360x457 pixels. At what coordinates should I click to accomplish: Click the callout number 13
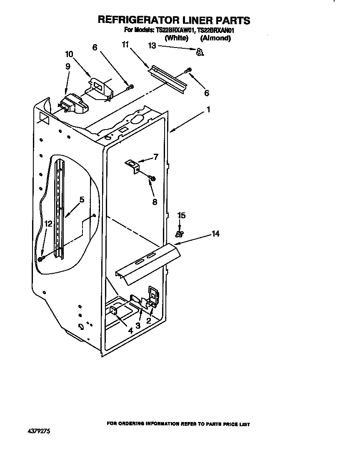(152, 46)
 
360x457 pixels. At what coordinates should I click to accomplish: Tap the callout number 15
(182, 215)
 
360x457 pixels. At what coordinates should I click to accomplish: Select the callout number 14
(215, 234)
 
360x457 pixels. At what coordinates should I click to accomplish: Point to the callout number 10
(69, 54)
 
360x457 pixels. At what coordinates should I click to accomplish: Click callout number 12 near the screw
(48, 224)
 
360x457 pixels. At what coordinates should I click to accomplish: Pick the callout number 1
(208, 110)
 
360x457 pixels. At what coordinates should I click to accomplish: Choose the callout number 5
(82, 200)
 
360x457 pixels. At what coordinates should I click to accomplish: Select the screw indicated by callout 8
(152, 178)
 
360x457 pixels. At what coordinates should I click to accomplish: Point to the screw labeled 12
(41, 259)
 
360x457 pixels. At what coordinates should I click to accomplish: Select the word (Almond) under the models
(215, 38)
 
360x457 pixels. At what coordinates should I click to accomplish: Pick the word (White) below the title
(177, 38)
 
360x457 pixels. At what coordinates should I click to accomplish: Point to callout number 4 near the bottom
(130, 331)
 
